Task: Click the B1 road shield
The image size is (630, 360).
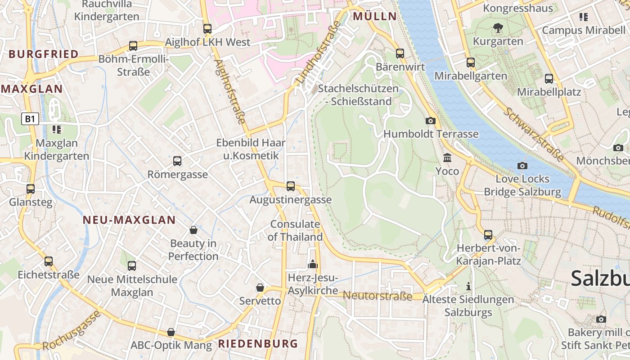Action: (30, 119)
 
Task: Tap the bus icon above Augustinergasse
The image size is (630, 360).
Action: (291, 186)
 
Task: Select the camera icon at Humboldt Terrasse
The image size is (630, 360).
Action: (431, 121)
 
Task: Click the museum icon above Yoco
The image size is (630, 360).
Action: (447, 158)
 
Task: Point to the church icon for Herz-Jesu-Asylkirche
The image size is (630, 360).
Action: (313, 264)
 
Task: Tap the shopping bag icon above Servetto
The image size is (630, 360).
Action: (260, 288)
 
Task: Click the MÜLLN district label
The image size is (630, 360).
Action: (375, 17)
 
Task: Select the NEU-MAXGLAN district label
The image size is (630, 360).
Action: (129, 220)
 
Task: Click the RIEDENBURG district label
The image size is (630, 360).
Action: (258, 344)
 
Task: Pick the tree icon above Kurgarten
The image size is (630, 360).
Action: (497, 28)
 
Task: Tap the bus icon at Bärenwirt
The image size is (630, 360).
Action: (400, 54)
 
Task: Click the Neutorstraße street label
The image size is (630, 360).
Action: (378, 296)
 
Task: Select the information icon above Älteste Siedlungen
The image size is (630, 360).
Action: (468, 286)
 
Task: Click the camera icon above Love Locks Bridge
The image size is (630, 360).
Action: (522, 166)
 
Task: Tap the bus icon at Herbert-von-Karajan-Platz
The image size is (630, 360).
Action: (488, 235)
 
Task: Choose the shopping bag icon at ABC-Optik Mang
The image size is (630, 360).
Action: (171, 332)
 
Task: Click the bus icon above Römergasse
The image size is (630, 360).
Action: (177, 161)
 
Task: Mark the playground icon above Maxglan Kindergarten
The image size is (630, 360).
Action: (56, 130)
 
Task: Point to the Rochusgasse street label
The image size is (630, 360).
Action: (72, 331)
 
